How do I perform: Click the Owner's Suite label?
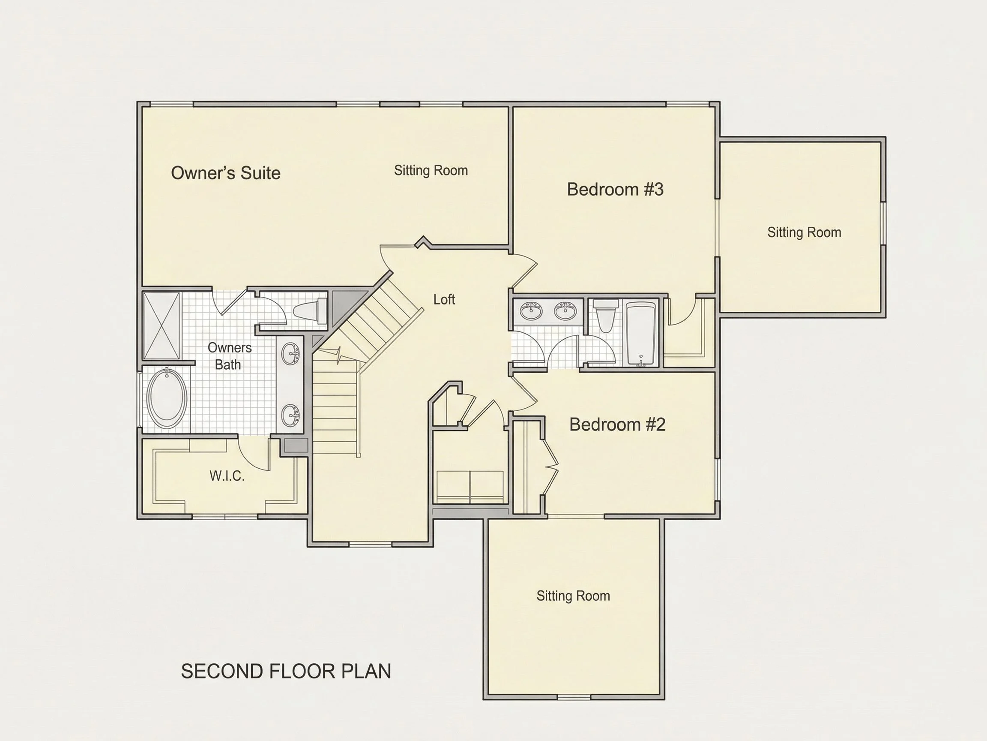pyautogui.click(x=226, y=173)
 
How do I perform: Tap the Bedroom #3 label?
pyautogui.click(x=615, y=190)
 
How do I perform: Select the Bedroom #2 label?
pyautogui.click(x=618, y=425)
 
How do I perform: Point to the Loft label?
pyautogui.click(x=444, y=299)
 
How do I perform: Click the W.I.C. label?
pyautogui.click(x=227, y=476)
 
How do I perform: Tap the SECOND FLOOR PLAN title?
pyautogui.click(x=286, y=672)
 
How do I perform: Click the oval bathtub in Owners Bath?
pyautogui.click(x=167, y=398)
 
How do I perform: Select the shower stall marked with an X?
pyautogui.click(x=162, y=325)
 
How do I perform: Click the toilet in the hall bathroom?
pyautogui.click(x=605, y=315)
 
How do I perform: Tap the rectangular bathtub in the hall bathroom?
pyautogui.click(x=641, y=334)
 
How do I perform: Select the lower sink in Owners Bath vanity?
pyautogui.click(x=290, y=415)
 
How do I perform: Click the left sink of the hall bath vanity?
pyautogui.click(x=531, y=311)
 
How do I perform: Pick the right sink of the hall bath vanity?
pyautogui.click(x=565, y=311)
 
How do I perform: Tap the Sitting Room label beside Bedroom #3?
pyautogui.click(x=804, y=232)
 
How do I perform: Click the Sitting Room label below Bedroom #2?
pyautogui.click(x=573, y=596)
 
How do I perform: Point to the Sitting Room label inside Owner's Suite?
pyautogui.click(x=431, y=171)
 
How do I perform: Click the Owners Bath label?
pyautogui.click(x=229, y=356)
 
